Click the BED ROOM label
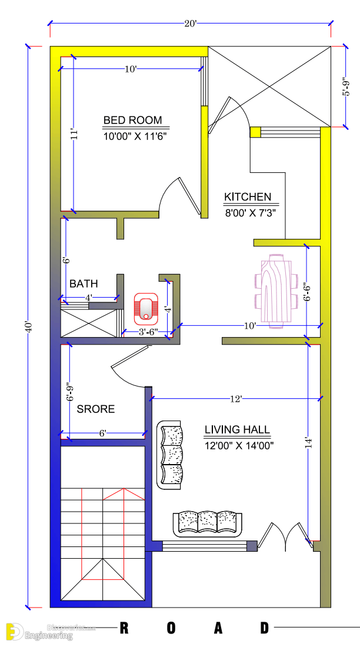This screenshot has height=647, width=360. pyautogui.click(x=132, y=120)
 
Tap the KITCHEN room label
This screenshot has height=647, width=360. pyautogui.click(x=247, y=197)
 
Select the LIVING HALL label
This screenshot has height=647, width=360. pyautogui.click(x=237, y=429)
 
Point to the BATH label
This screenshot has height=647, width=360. pyautogui.click(x=84, y=284)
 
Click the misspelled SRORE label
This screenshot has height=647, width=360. pyautogui.click(x=96, y=409)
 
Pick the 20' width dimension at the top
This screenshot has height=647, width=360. pyautogui.click(x=191, y=24)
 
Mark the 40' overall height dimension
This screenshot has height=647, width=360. pyautogui.click(x=28, y=328)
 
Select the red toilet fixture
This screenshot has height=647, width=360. pyautogui.click(x=145, y=308)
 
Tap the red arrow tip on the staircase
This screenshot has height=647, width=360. pyautogui.click(x=124, y=489)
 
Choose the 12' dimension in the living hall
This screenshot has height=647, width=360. pyautogui.click(x=236, y=399)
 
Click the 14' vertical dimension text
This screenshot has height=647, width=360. pyautogui.click(x=309, y=443)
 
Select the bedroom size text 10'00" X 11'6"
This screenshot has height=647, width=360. pyautogui.click(x=136, y=136)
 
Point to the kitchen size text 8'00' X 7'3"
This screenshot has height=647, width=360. pyautogui.click(x=250, y=213)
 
